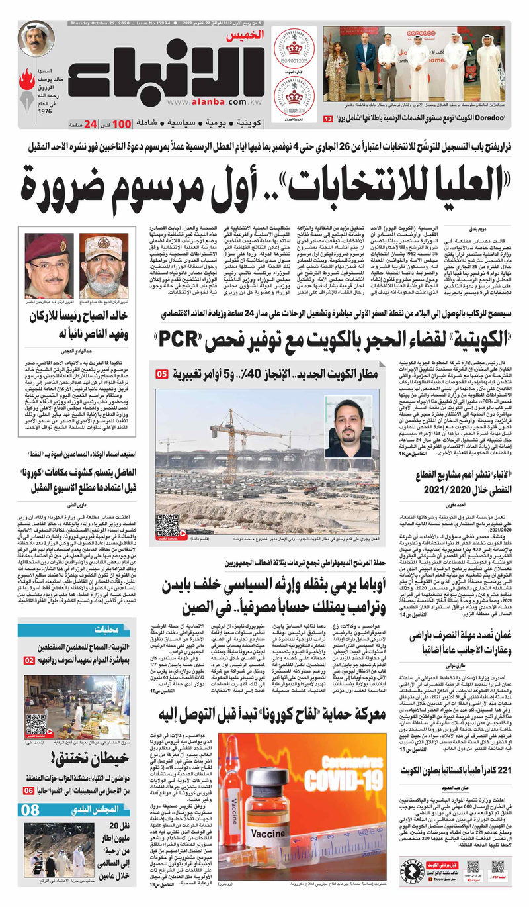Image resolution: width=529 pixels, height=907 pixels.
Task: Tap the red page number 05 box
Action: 161,375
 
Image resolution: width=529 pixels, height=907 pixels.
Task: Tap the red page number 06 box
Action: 29,790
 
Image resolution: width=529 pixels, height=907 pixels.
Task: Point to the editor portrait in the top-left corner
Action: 36,38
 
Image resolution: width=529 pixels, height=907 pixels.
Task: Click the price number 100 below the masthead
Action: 120,124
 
